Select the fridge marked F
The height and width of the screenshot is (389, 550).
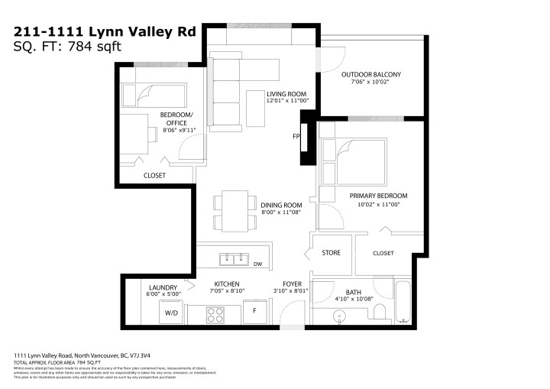[254, 312]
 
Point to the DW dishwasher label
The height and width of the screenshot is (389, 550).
[257, 264]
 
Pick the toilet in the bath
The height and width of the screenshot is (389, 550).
[379, 312]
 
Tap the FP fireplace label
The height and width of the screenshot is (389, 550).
[296, 138]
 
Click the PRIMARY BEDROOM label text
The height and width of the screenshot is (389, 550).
[374, 196]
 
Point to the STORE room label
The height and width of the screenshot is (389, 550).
[331, 252]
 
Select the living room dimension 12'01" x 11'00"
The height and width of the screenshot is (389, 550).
[286, 101]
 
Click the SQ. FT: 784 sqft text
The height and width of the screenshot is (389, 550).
[68, 46]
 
